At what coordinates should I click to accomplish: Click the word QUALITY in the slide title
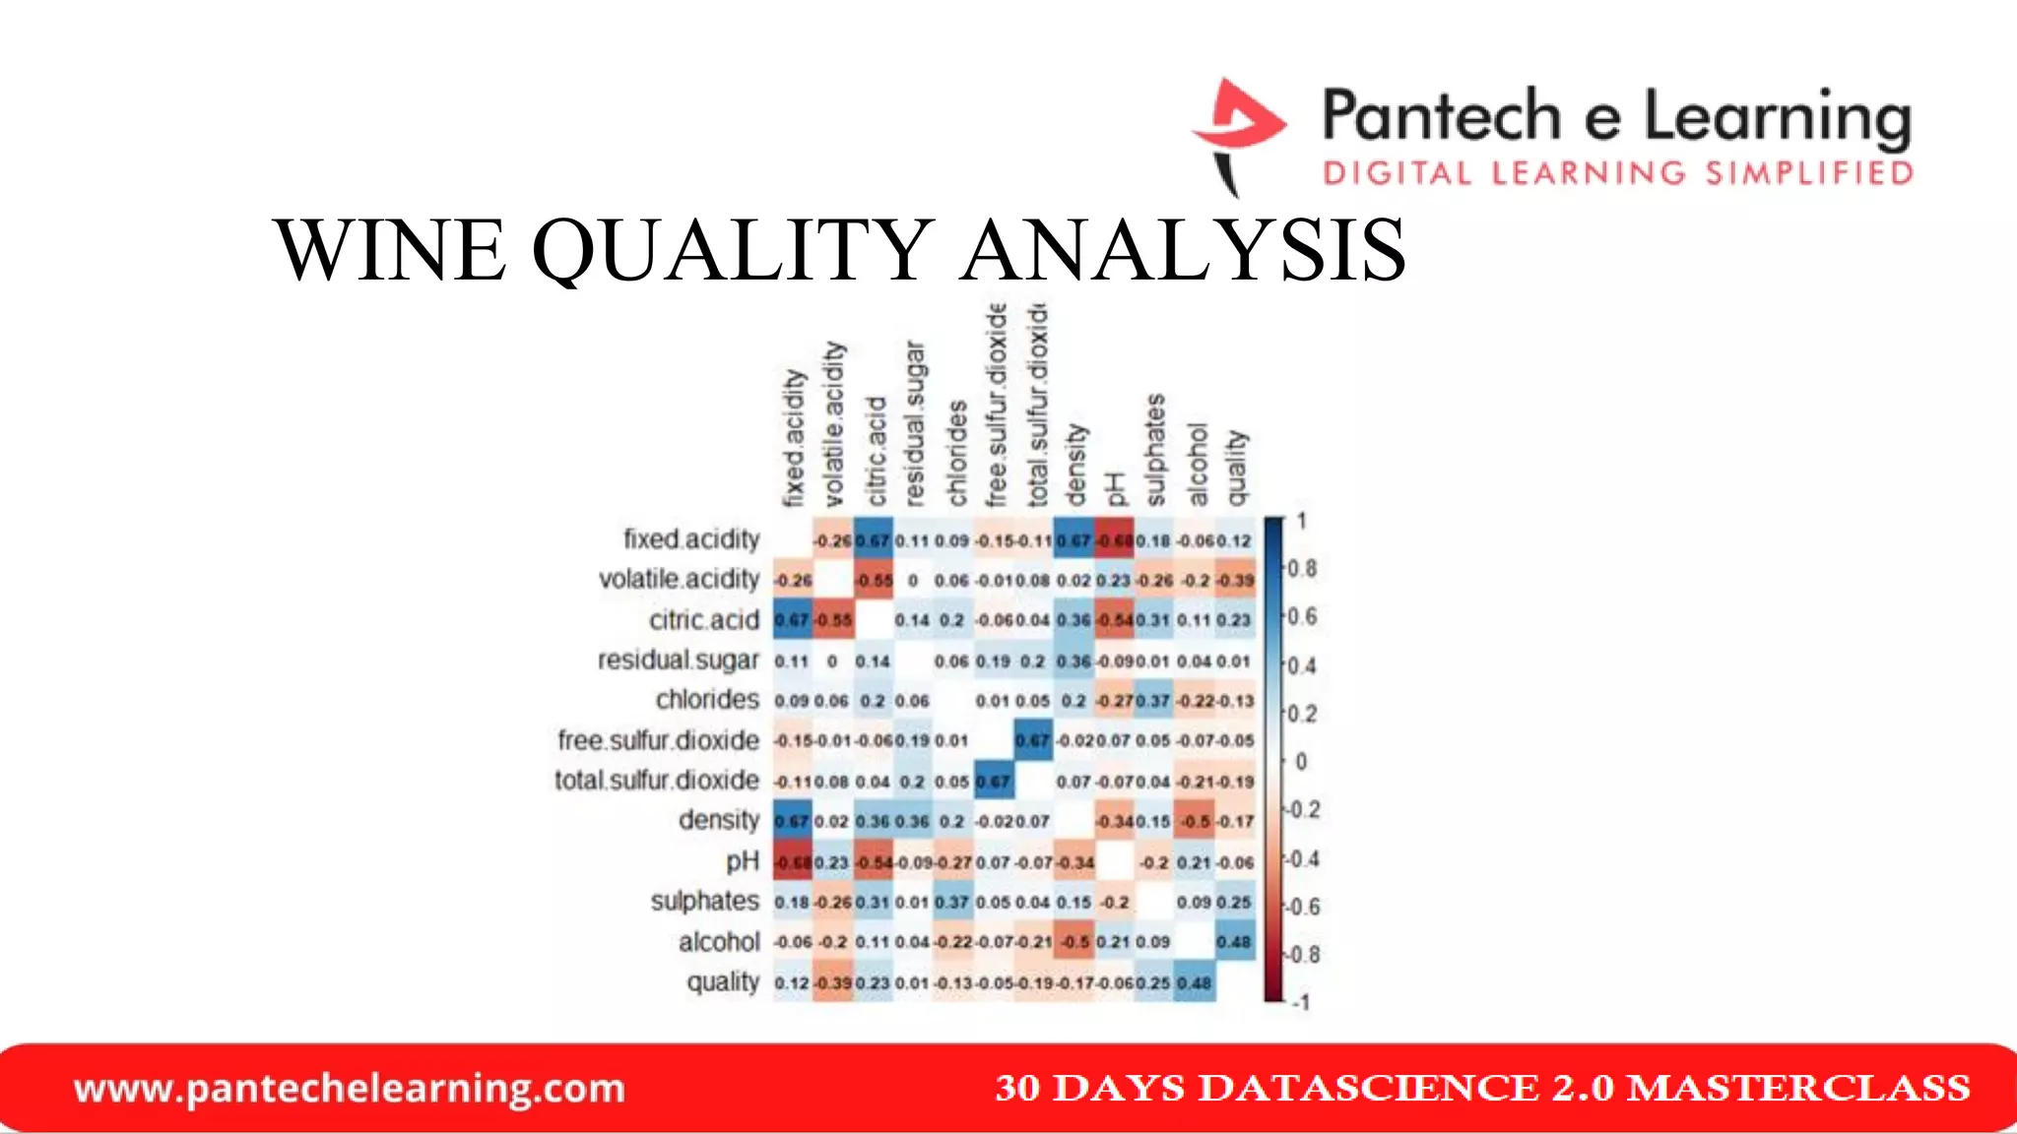click(733, 250)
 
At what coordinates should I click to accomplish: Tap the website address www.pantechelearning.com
click(350, 1089)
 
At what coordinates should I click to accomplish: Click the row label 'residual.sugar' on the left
click(679, 660)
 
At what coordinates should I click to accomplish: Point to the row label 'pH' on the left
click(743, 861)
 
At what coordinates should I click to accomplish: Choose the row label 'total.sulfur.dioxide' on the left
click(657, 781)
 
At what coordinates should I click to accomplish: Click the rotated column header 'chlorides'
click(956, 454)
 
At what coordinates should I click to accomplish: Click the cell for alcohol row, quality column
click(1234, 942)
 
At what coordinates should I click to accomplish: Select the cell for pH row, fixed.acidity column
click(792, 862)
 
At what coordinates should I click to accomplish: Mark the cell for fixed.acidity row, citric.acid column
click(873, 540)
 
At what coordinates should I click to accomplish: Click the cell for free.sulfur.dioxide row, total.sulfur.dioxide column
click(1033, 740)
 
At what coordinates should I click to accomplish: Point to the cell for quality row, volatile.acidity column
click(832, 982)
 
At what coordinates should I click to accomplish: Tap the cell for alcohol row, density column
click(1074, 942)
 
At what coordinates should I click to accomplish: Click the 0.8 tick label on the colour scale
click(1302, 569)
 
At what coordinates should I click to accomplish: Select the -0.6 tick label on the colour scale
click(1303, 907)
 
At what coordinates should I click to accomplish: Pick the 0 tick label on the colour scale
click(1301, 762)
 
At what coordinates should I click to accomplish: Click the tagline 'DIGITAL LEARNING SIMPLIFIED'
click(1617, 174)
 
